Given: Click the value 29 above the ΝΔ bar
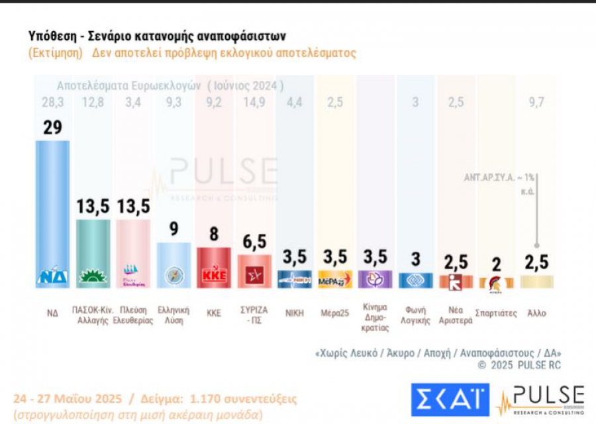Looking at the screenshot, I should coord(52,128).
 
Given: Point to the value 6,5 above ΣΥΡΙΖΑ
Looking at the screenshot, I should coord(254,242).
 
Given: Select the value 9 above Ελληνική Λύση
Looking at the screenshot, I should coord(174,229).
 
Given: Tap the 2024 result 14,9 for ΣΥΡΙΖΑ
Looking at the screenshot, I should coord(255,102).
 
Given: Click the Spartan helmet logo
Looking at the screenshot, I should coord(495,284).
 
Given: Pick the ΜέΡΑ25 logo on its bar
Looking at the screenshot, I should coord(334,280).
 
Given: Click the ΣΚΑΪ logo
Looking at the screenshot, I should coord(450,399).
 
